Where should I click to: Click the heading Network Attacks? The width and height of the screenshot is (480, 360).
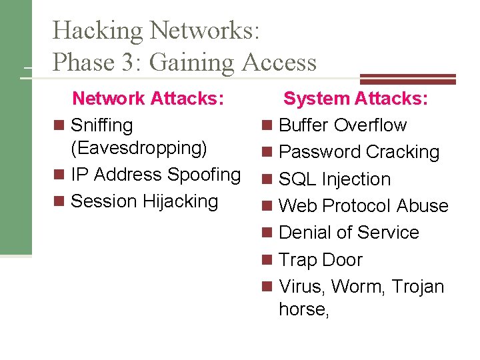[x=147, y=99]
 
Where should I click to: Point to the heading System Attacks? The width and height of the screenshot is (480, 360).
[x=355, y=99]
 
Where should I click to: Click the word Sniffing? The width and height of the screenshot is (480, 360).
[x=101, y=125]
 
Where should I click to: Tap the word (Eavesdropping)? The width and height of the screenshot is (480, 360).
[x=139, y=147]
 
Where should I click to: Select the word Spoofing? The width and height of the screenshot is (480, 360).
[x=204, y=175]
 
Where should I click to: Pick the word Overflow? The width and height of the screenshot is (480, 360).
[x=370, y=125]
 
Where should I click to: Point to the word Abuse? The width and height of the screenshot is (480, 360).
[x=422, y=206]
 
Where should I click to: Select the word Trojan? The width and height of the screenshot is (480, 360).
[x=417, y=287]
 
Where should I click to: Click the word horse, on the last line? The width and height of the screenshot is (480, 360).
[x=304, y=310]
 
